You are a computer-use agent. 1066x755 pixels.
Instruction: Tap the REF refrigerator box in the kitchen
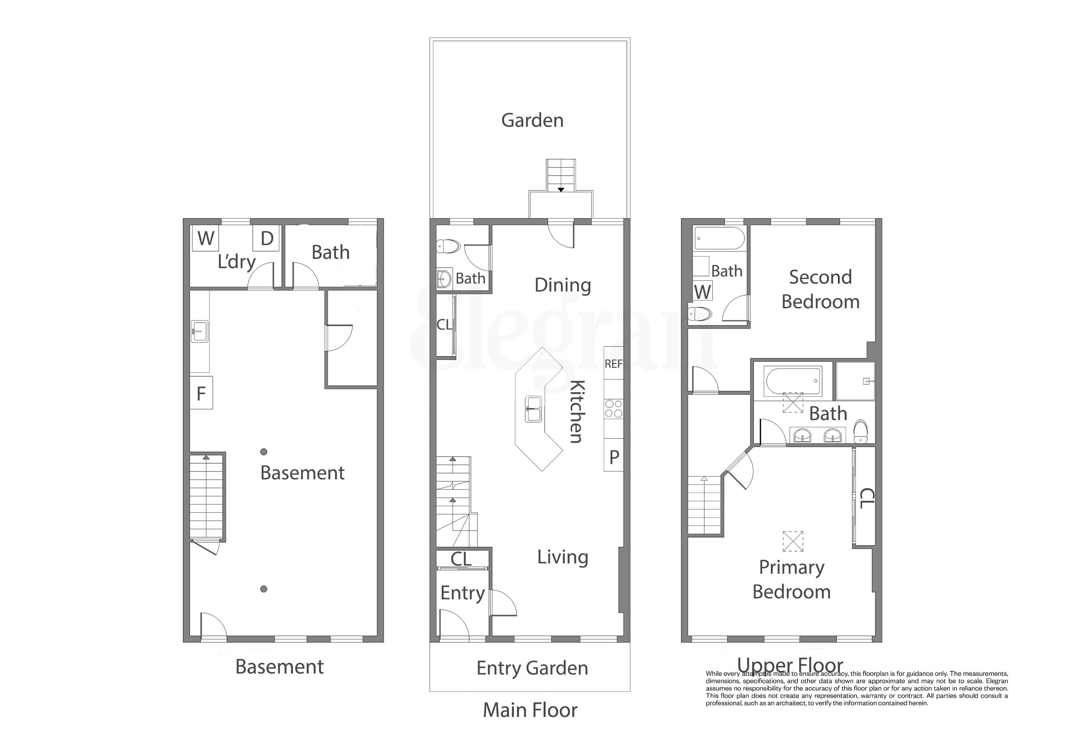pos(613,363)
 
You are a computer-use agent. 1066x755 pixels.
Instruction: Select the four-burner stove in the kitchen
pos(613,409)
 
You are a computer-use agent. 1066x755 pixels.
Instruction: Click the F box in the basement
pos(201,393)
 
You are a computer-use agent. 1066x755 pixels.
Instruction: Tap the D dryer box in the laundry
pos(266,238)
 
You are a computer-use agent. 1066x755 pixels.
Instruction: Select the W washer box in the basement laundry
pos(206,238)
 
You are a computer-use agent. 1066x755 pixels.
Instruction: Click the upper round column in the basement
pos(263,451)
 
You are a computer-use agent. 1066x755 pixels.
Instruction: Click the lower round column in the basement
pos(263,589)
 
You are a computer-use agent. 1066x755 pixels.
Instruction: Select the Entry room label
pos(462,593)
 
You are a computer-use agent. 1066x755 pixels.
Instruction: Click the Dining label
pos(562,285)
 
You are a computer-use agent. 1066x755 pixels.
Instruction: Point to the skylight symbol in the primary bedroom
pos(793,541)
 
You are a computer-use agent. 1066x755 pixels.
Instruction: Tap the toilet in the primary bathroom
pos(861,431)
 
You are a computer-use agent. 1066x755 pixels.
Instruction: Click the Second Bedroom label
pos(820,289)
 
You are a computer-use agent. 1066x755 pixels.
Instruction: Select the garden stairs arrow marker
pos(561,190)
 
